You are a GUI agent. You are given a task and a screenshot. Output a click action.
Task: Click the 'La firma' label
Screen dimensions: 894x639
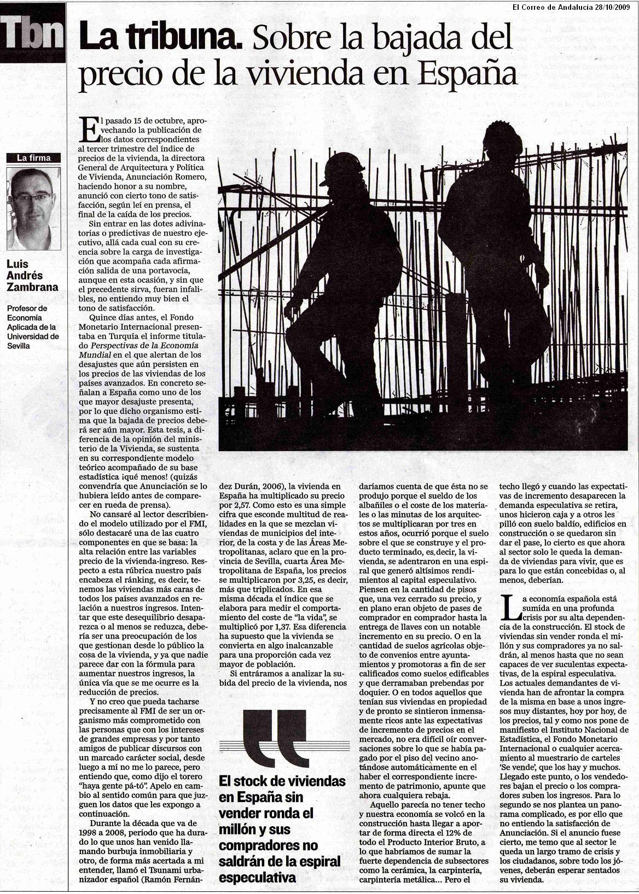33,158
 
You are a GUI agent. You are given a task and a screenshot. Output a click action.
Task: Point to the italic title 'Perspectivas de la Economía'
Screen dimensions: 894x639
144,346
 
